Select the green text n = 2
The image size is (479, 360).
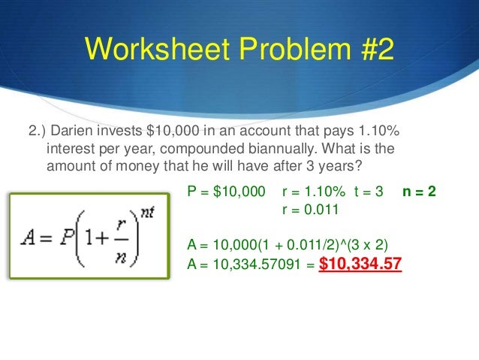(418, 192)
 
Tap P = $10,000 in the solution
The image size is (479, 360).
(225, 192)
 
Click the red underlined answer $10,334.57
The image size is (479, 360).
(360, 265)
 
